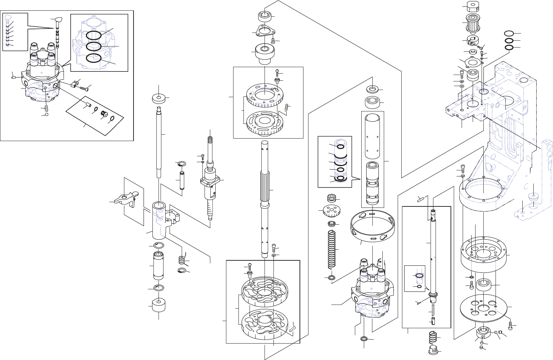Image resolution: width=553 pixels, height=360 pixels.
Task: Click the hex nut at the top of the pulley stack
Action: pyautogui.click(x=472, y=6)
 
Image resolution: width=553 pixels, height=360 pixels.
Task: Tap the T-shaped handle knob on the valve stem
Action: pyautogui.click(x=57, y=21)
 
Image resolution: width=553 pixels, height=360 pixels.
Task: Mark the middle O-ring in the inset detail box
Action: pyautogui.click(x=94, y=46)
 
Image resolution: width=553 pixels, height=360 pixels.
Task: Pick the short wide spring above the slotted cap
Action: pyautogui.click(x=433, y=337)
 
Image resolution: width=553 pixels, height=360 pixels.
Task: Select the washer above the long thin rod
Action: pyautogui.click(x=159, y=98)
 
